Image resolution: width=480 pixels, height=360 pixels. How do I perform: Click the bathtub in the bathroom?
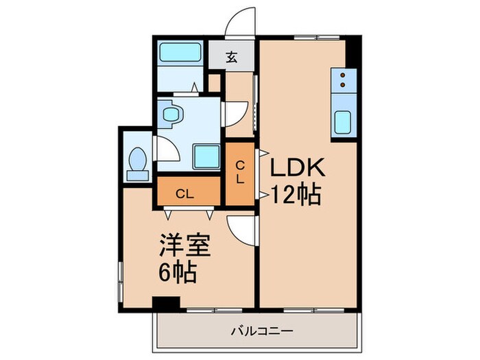click(x=180, y=53)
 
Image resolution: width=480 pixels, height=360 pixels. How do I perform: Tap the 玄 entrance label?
click(x=232, y=58)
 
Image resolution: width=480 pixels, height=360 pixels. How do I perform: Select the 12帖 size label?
click(x=296, y=196)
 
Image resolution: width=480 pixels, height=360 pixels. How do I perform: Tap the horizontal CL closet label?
click(x=184, y=193)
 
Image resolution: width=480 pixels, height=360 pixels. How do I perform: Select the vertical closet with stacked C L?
click(x=240, y=173)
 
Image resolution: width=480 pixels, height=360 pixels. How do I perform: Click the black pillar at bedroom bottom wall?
click(x=165, y=302)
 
